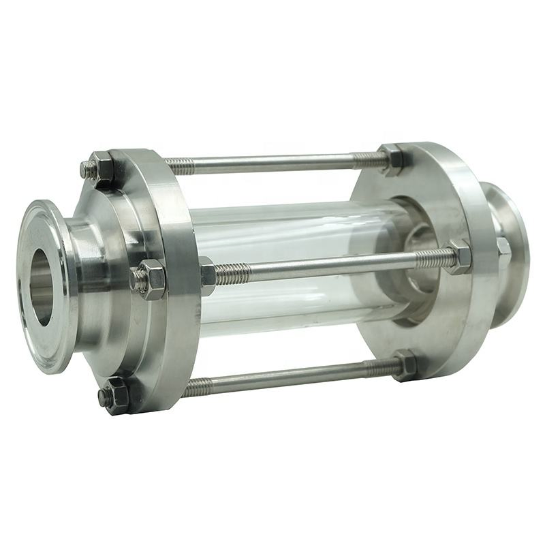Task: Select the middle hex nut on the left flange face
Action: click(151, 278)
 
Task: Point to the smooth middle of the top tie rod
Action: click(272, 163)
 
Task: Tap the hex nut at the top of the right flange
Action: click(392, 160)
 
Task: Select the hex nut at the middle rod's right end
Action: click(458, 257)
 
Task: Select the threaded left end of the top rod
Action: click(179, 164)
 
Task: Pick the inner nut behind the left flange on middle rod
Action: click(207, 275)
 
